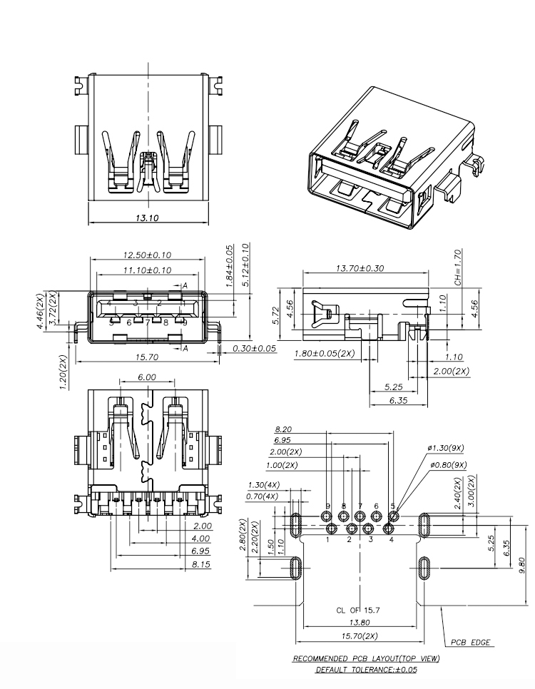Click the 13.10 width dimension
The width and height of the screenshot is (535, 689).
pyautogui.click(x=147, y=218)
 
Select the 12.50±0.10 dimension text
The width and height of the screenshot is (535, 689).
pyautogui.click(x=147, y=255)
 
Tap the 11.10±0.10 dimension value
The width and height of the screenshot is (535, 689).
pyautogui.click(x=147, y=270)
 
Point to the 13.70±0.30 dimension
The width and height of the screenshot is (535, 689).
pyautogui.click(x=365, y=268)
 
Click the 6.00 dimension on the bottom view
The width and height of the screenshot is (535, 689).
pyautogui.click(x=147, y=377)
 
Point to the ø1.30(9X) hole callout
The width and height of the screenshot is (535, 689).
pyautogui.click(x=446, y=448)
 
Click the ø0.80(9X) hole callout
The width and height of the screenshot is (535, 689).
pyautogui.click(x=447, y=464)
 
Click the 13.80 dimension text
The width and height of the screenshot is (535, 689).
pyautogui.click(x=361, y=623)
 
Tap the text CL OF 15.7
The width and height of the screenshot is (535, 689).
pyautogui.click(x=360, y=611)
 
